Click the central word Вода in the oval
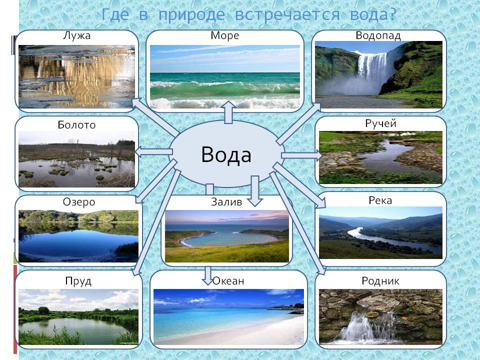[x=226, y=154]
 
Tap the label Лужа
[x=76, y=36]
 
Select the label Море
[x=224, y=35]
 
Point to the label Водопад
[x=378, y=36]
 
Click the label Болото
[x=76, y=125]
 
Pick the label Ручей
[x=380, y=123]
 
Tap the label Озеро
[x=79, y=202]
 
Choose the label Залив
[x=226, y=201]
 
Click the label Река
[x=380, y=200]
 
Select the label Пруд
[x=78, y=281]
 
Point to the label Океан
[x=228, y=280]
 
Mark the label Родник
[x=380, y=280]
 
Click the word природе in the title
[x=191, y=15]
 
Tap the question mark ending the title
[x=393, y=14]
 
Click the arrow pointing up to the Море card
[x=228, y=112]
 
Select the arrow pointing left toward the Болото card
[x=153, y=152]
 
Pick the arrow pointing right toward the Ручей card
[x=302, y=155]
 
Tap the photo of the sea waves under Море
[x=225, y=77]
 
